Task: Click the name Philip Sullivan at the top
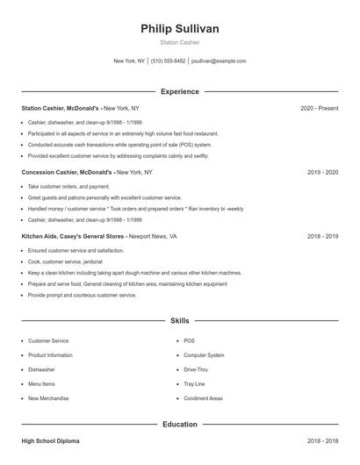click(x=179, y=29)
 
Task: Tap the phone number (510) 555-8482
click(x=168, y=61)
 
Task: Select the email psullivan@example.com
click(x=219, y=61)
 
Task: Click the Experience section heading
click(x=180, y=91)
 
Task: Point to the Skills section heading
click(x=180, y=321)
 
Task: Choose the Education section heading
click(x=180, y=424)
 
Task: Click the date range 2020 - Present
click(x=319, y=108)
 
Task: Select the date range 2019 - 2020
click(x=322, y=173)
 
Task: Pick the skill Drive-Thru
click(x=196, y=369)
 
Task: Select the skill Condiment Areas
click(x=203, y=398)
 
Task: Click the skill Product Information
click(x=50, y=355)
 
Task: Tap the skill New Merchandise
click(x=48, y=398)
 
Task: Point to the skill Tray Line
click(x=194, y=383)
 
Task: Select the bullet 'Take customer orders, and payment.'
click(x=68, y=187)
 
